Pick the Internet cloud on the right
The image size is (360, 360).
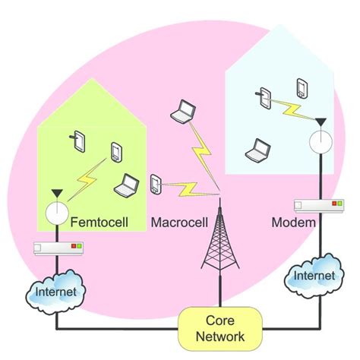312,278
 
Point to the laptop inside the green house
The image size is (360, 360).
125,183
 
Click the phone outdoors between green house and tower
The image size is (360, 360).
156,184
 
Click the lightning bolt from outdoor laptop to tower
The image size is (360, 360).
204,152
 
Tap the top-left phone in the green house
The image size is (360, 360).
81,140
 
